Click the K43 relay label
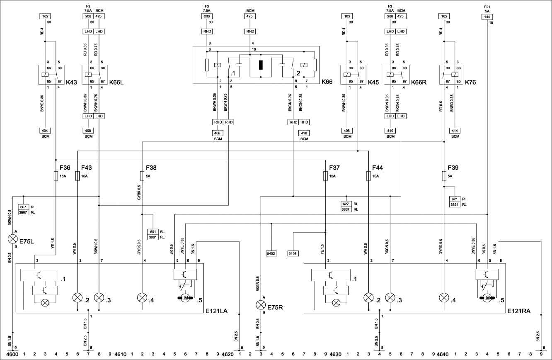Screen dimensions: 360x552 pos(72,83)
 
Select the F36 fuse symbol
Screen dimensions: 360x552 pos(56,177)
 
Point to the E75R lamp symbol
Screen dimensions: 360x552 pos(261,305)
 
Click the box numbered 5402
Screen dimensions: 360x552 pos(271,253)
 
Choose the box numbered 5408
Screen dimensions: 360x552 pos(293,253)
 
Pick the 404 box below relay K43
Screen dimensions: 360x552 pos(45,130)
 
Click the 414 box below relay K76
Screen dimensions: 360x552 pos(455,130)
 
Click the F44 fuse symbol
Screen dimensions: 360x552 pos(368,177)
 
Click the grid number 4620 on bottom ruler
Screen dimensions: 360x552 pos(228,355)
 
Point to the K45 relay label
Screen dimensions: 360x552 pos(373,83)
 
